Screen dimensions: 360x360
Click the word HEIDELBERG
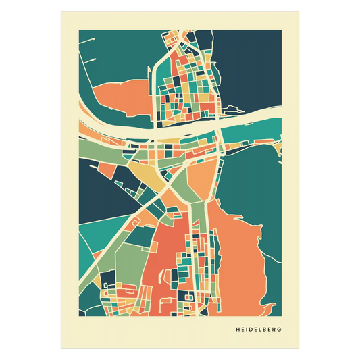pyautogui.click(x=259, y=330)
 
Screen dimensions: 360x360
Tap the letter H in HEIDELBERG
pyautogui.click(x=238, y=330)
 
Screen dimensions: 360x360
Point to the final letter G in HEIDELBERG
pyautogui.click(x=280, y=330)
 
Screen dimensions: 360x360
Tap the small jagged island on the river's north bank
pyautogui.click(x=234, y=109)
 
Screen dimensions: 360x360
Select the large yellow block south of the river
pyautogui.click(x=152, y=176)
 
